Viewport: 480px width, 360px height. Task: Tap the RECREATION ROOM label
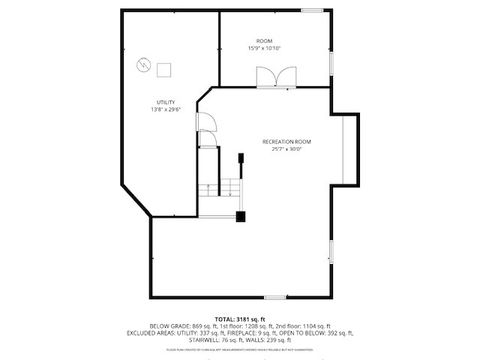tap(287, 142)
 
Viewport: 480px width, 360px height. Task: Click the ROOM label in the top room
tap(264, 40)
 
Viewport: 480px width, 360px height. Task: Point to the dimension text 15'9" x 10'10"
tap(264, 48)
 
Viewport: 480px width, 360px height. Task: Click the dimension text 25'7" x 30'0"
tap(287, 150)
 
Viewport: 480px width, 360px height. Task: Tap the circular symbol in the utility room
tap(143, 66)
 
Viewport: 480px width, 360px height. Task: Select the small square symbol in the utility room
tap(164, 68)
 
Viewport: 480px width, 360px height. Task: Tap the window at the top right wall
tap(311, 10)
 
